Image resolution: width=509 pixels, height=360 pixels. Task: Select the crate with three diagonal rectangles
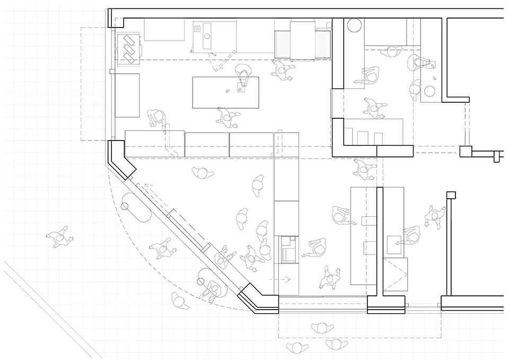point(129,46)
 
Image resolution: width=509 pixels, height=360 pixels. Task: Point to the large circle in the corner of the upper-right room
point(354,24)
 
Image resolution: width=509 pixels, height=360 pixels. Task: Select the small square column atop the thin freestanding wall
point(451,195)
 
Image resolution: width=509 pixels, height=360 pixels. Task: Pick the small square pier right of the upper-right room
point(465,151)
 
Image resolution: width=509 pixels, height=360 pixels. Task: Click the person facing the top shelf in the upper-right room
point(392,52)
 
